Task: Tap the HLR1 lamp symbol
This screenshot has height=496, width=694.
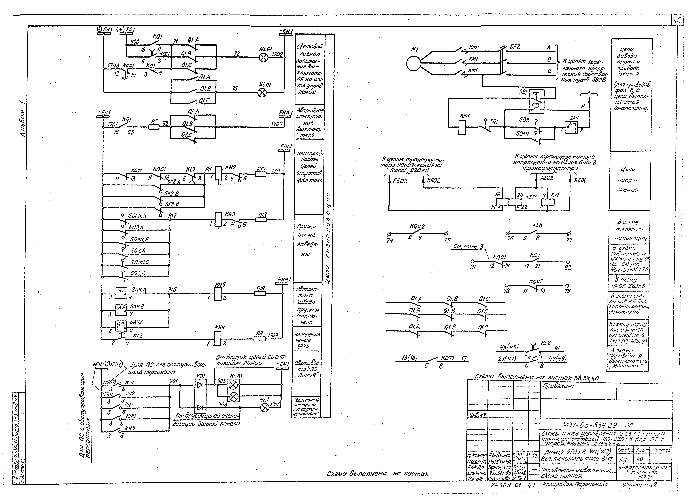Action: tap(262, 92)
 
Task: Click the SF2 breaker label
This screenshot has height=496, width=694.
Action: tap(515, 47)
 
